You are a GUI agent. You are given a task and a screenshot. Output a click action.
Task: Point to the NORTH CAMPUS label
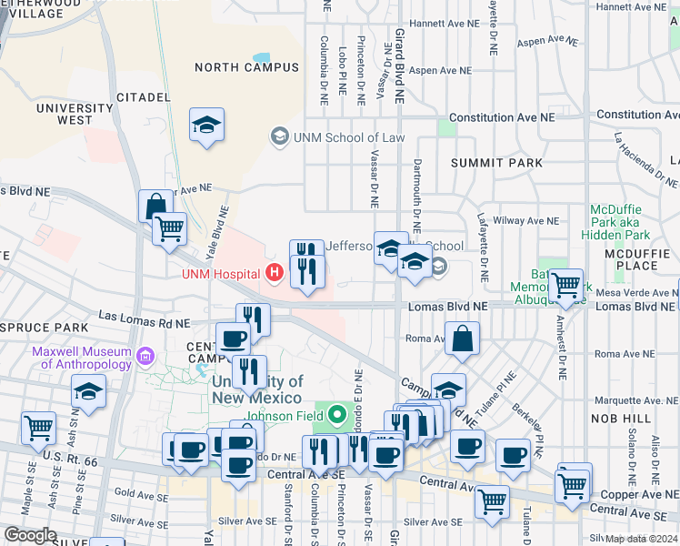coord(245,67)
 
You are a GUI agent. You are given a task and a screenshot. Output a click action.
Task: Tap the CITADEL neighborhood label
coord(143,96)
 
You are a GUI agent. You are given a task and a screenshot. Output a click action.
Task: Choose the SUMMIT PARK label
coord(496,163)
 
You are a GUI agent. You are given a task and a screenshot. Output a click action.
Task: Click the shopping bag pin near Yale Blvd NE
coord(155,206)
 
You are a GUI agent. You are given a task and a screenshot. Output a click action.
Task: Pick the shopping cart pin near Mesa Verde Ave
coord(567,285)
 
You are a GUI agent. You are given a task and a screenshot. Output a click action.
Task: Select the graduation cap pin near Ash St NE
coord(89,391)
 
